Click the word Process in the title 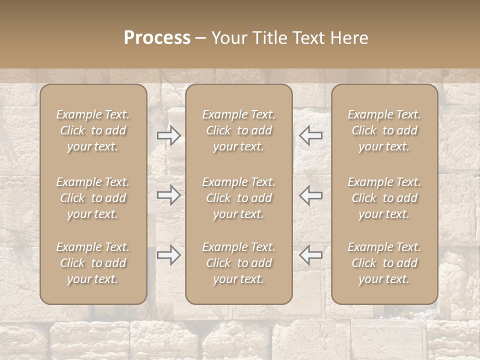157,38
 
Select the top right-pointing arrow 168,135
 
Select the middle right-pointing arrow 168,195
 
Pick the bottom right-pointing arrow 168,255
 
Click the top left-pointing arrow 311,135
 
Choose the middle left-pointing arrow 311,195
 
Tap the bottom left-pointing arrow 311,255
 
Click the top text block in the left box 93,130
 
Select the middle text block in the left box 93,198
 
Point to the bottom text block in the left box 93,263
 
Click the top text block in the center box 238,130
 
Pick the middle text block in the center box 238,198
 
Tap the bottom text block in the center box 238,263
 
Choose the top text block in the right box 384,130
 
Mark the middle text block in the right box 384,198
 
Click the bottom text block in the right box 384,263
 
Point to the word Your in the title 228,38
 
